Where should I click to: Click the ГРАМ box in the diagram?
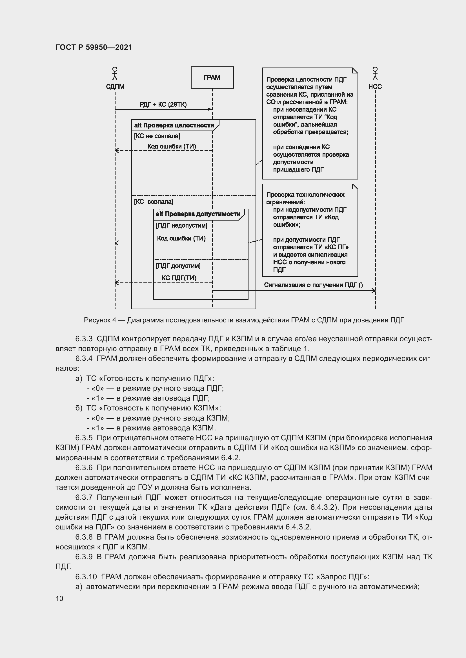[x=212, y=77]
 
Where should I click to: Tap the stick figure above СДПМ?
[x=115, y=74]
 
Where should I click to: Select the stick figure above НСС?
[x=375, y=74]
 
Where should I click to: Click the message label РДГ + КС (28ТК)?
[x=163, y=104]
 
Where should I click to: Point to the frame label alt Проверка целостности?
[x=174, y=125]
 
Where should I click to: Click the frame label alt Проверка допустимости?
[x=198, y=214]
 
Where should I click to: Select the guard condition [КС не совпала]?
[x=157, y=136]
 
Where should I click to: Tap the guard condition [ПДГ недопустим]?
[x=181, y=225]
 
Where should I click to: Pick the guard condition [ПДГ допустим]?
[x=178, y=266]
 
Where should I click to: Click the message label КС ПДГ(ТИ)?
[x=179, y=278]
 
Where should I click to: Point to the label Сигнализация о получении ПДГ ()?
[x=313, y=285]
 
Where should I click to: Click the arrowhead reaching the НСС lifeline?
[x=374, y=291]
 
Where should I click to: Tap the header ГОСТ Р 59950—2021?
[x=94, y=47]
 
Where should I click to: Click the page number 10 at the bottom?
[x=59, y=598]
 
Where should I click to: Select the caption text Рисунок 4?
[x=100, y=320]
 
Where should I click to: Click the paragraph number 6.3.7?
[x=84, y=497]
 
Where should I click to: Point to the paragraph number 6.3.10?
[x=86, y=577]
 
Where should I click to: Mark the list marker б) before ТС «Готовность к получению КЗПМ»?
[x=79, y=408]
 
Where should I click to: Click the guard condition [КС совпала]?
[x=154, y=201]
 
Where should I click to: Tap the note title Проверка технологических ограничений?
[x=305, y=198]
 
